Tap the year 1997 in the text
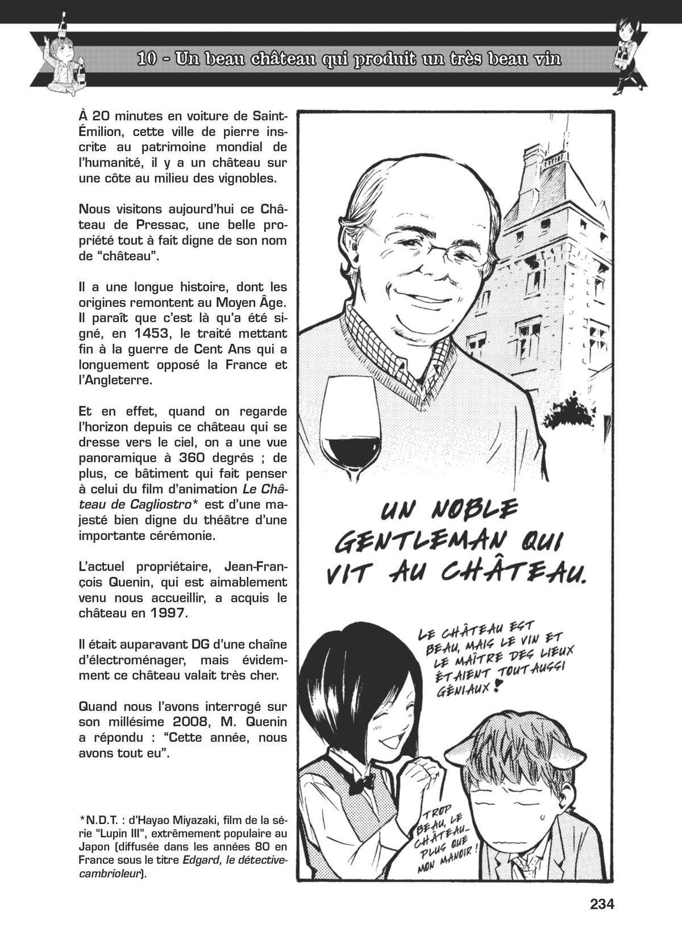coord(168,614)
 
